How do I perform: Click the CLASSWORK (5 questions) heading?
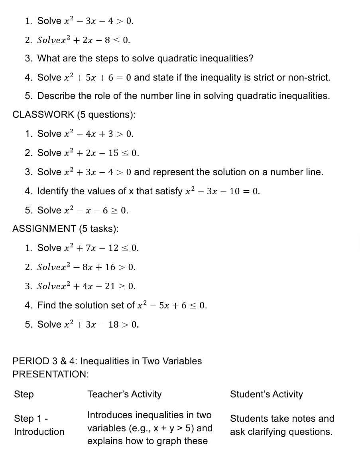tap(74, 115)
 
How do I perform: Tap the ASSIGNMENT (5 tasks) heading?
tap(65, 229)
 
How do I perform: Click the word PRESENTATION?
tap(50, 374)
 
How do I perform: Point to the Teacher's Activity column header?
tap(124, 394)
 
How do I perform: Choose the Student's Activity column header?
tap(266, 394)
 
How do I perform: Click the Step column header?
tap(24, 394)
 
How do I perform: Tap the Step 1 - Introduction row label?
tap(39, 425)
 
